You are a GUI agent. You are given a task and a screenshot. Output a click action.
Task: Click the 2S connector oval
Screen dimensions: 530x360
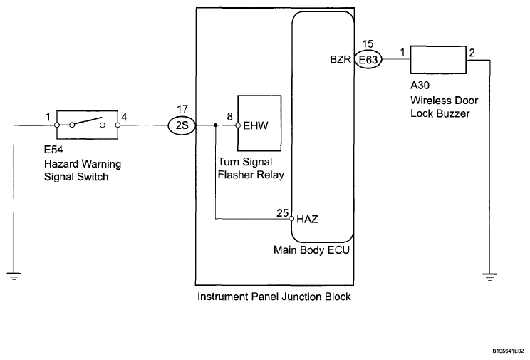182,125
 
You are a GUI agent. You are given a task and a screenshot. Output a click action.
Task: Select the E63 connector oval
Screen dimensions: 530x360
368,60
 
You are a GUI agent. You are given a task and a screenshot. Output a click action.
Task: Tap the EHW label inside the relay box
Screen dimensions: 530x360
256,126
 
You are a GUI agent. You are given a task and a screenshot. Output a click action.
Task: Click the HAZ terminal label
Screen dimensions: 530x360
307,220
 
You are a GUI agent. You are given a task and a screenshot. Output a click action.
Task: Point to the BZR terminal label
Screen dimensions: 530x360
341,60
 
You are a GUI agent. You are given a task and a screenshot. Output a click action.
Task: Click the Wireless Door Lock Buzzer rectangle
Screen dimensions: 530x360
438,60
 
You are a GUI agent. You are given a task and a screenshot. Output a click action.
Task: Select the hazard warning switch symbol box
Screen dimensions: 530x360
87,125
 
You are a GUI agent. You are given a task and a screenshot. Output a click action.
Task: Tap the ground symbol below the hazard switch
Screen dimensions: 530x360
14,277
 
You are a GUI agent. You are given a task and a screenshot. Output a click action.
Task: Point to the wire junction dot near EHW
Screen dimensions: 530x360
216,125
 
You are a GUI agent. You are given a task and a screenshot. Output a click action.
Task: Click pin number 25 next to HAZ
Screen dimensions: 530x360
283,213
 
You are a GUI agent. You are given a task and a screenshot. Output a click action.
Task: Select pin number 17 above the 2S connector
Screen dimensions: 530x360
182,109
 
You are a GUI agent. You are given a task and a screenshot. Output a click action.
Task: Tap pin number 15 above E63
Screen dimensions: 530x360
368,44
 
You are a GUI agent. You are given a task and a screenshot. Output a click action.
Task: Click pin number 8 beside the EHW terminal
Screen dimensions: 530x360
230,117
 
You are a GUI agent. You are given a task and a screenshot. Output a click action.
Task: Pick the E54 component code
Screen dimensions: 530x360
53,150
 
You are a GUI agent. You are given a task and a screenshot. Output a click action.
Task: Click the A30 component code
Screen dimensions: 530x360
420,86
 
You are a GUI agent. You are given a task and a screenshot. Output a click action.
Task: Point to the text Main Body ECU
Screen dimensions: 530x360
311,250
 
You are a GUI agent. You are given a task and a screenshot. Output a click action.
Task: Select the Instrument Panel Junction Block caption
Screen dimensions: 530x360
274,297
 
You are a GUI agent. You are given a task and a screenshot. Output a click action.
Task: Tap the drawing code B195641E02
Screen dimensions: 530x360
508,351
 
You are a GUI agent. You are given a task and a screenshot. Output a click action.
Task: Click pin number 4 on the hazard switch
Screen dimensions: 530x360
125,117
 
